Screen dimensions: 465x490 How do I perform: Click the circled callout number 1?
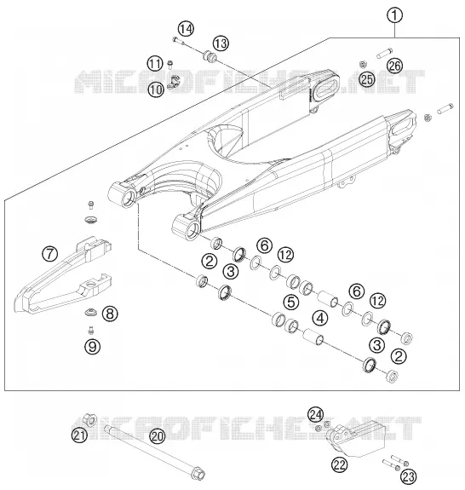[394, 15]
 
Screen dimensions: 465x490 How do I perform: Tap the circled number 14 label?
[187, 29]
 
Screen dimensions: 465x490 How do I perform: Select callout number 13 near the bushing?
[221, 43]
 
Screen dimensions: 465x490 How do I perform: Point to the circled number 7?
[50, 253]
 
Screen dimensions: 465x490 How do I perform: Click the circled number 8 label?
[110, 314]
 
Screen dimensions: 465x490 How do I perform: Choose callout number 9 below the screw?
[93, 346]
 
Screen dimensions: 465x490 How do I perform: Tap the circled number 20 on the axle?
[157, 435]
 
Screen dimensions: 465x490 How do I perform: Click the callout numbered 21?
[79, 435]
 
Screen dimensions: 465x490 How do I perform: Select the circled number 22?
[340, 464]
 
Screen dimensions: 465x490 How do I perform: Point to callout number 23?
[409, 477]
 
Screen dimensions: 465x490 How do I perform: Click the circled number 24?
[315, 415]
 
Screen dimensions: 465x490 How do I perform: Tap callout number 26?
[394, 66]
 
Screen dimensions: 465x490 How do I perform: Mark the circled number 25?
[367, 79]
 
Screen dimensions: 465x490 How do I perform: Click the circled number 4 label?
[320, 318]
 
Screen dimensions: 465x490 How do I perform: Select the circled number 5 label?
[291, 303]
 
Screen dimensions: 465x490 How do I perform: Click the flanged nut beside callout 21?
[89, 419]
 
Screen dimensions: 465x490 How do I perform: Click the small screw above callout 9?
[91, 329]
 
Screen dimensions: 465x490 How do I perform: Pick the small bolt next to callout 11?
[170, 65]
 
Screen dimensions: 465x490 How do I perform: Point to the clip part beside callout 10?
[173, 82]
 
